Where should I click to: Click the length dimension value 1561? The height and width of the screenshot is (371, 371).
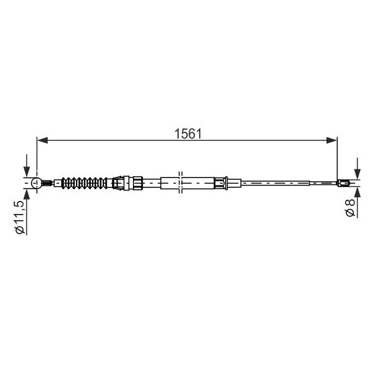tap(188, 134)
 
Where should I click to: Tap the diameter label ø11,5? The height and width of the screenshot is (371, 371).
tap(20, 217)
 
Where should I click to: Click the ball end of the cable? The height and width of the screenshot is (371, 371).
tap(36, 183)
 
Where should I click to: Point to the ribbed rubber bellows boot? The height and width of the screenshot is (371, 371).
tap(84, 183)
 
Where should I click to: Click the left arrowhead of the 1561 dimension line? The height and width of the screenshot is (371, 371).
tap(43, 140)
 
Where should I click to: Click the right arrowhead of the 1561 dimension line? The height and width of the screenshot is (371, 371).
tap(331, 140)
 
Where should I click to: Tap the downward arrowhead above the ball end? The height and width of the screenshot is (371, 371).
tap(27, 171)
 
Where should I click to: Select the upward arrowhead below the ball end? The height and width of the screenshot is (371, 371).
tap(27, 195)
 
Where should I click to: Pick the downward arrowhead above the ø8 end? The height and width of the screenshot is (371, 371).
tap(357, 174)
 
